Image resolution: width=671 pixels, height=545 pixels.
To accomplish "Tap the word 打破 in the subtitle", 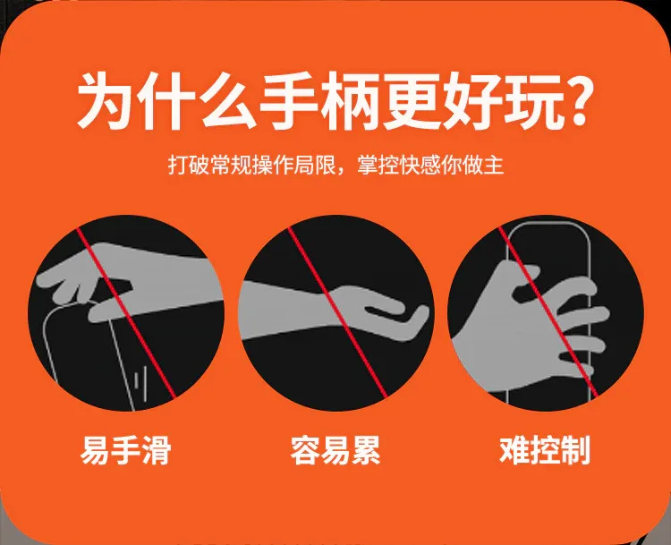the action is pos(188,165).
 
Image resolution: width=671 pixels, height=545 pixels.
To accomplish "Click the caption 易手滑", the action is pos(126,450).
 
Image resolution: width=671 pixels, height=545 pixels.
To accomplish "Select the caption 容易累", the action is pos(335,450).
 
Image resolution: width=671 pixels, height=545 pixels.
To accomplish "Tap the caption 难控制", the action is pos(545,450).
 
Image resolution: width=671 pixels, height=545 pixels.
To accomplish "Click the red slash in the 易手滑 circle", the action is pos(126,313).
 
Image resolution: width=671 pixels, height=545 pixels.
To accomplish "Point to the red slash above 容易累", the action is pos(336,311).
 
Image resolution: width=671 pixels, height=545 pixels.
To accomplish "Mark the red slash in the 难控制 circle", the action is pos(548,311).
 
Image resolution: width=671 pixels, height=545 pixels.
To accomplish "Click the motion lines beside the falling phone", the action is pos(140,382).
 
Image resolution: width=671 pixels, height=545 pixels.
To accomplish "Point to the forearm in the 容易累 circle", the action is pos(285,311).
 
